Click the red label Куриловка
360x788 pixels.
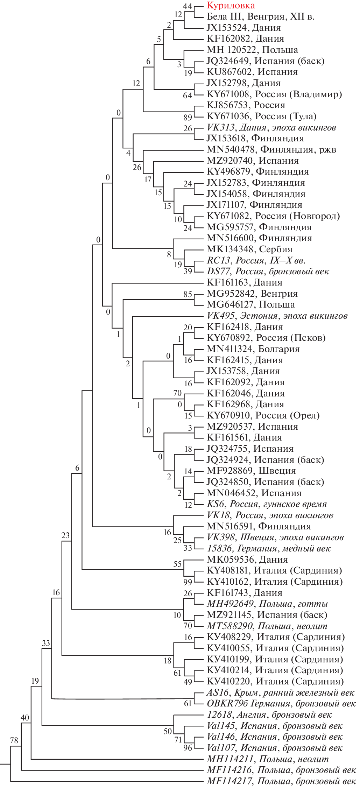[x=231, y=5]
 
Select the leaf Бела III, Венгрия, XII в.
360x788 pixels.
[x=261, y=16]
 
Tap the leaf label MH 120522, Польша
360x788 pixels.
[x=252, y=50]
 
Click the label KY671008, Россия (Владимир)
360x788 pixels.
[x=274, y=94]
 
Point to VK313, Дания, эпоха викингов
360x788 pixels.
[x=271, y=127]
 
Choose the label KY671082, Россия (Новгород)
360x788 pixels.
[x=273, y=216]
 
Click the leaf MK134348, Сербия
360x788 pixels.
[x=249, y=249]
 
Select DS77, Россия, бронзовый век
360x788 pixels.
[x=268, y=271]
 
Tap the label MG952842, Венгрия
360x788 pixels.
[x=252, y=294]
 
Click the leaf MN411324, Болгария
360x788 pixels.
[x=253, y=349]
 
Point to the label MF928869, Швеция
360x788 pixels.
[x=251, y=471]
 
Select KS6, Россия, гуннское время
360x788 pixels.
[x=267, y=504]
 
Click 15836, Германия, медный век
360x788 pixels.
[x=269, y=548]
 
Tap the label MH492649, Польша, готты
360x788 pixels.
[x=267, y=604]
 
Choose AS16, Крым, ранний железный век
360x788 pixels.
[x=280, y=692]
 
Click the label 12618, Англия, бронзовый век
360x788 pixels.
[x=269, y=715]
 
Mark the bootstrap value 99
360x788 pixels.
[x=188, y=582]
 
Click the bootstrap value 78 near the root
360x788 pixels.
[x=14, y=740]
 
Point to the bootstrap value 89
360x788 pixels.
[x=188, y=117]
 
